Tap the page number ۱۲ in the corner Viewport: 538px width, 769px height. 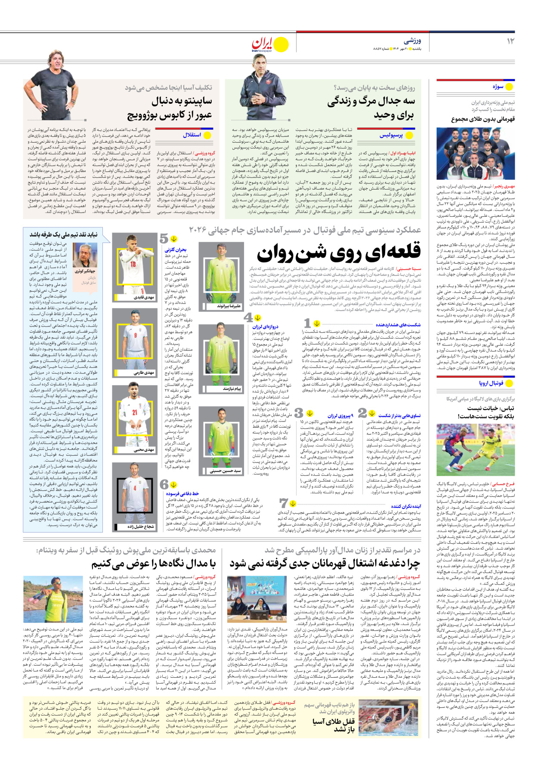pyautogui.click(x=510, y=41)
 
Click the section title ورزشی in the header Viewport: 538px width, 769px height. pyautogui.click(x=412, y=41)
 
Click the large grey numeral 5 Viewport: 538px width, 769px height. pyautogui.click(x=164, y=238)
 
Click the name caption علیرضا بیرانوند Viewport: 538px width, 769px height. pyautogui.click(x=229, y=305)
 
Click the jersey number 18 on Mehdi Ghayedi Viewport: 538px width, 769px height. pyautogui.click(x=133, y=264)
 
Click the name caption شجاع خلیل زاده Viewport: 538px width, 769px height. pyautogui.click(x=140, y=526)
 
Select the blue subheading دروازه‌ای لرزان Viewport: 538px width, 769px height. pyautogui.click(x=265, y=327)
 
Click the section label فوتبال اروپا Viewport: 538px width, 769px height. pyautogui.click(x=491, y=383)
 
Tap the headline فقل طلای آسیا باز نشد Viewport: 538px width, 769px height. pyautogui.click(x=334, y=725)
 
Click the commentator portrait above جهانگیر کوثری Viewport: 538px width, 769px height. pyautogui.click(x=85, y=255)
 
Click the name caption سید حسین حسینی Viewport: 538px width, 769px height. pyautogui.click(x=226, y=471)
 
